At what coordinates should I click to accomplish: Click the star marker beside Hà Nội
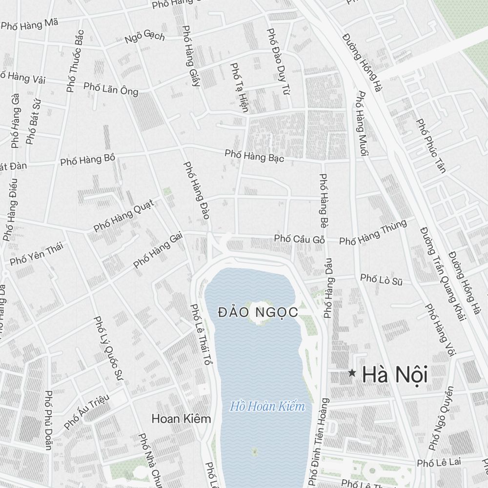(x=352, y=373)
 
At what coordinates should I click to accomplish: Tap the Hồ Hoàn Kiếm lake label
(x=267, y=406)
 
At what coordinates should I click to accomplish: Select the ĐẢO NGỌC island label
(x=258, y=312)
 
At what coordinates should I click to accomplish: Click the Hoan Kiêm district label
(x=181, y=419)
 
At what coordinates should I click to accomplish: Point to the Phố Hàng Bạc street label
(x=254, y=156)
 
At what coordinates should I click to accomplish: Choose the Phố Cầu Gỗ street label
(x=300, y=239)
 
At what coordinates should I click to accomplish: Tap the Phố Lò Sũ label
(x=382, y=279)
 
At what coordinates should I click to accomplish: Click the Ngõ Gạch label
(x=145, y=37)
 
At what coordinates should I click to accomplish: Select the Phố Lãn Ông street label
(x=111, y=88)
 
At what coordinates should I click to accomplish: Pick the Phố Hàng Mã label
(x=30, y=24)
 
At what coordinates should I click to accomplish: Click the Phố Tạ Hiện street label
(x=239, y=87)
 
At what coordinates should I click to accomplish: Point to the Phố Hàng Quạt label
(x=123, y=215)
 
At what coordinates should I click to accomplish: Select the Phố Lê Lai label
(x=436, y=462)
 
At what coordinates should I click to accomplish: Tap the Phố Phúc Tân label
(x=431, y=145)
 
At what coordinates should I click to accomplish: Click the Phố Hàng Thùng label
(x=373, y=232)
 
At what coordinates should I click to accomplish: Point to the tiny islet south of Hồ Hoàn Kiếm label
(x=254, y=452)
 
